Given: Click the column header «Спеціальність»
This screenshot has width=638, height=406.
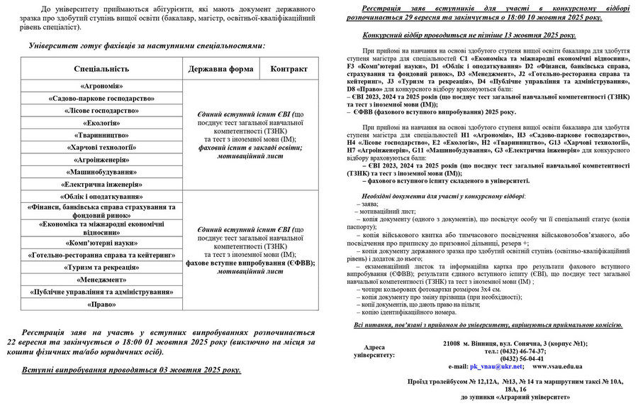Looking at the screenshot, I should click(101, 69).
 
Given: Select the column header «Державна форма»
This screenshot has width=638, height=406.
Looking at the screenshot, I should click(221, 69).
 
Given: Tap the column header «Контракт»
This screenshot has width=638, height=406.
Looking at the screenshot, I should click(289, 69).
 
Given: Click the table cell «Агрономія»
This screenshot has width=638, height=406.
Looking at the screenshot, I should click(101, 86).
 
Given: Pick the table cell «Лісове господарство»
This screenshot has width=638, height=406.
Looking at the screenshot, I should click(101, 111).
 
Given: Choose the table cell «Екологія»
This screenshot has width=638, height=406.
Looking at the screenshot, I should click(101, 123).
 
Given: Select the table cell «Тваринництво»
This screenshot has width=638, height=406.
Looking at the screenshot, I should click(101, 135).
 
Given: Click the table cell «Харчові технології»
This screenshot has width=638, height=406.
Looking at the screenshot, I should click(101, 147).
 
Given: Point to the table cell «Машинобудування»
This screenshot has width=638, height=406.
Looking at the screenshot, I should click(101, 172).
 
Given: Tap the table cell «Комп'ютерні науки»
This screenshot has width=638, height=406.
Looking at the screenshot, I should click(101, 243).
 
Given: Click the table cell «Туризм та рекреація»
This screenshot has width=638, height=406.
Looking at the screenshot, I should click(101, 267).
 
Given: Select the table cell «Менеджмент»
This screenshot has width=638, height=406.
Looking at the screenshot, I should click(101, 279).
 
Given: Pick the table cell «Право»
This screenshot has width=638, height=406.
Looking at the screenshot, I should click(101, 304).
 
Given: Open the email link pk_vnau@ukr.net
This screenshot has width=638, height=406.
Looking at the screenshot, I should click(496, 366).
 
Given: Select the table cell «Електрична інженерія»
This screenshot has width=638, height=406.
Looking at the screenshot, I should click(101, 184).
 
